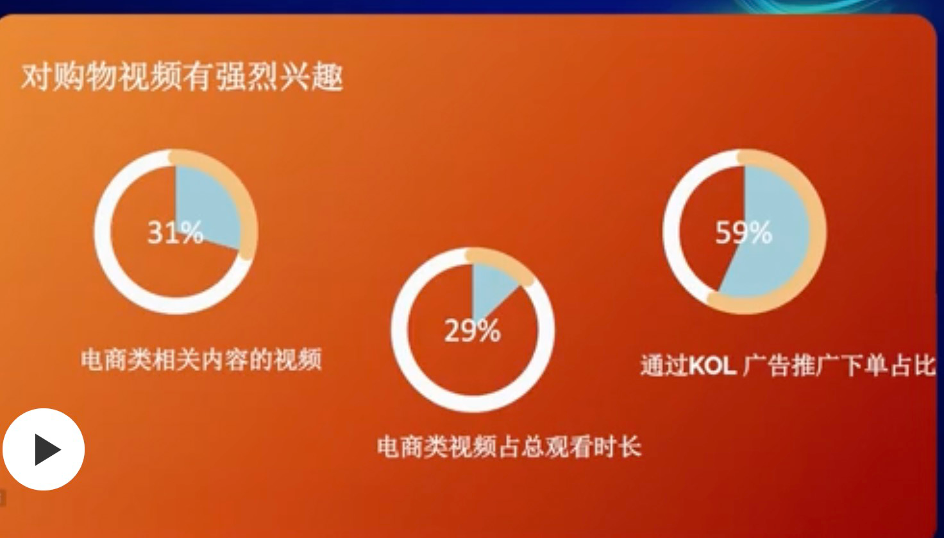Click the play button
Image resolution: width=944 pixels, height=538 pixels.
[x=44, y=449]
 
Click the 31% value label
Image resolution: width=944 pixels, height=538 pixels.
[x=175, y=232]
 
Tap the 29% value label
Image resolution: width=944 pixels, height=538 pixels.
[x=472, y=331]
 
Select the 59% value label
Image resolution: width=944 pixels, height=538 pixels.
[x=743, y=232]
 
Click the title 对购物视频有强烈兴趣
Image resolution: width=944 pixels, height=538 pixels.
[x=182, y=78]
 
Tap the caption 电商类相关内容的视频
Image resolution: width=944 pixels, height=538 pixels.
[x=201, y=360]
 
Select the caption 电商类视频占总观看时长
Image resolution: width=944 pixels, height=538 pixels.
[x=509, y=447]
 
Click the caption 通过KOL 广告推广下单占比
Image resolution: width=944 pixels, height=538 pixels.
[x=787, y=366]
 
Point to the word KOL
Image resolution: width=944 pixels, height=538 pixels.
[x=712, y=367]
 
